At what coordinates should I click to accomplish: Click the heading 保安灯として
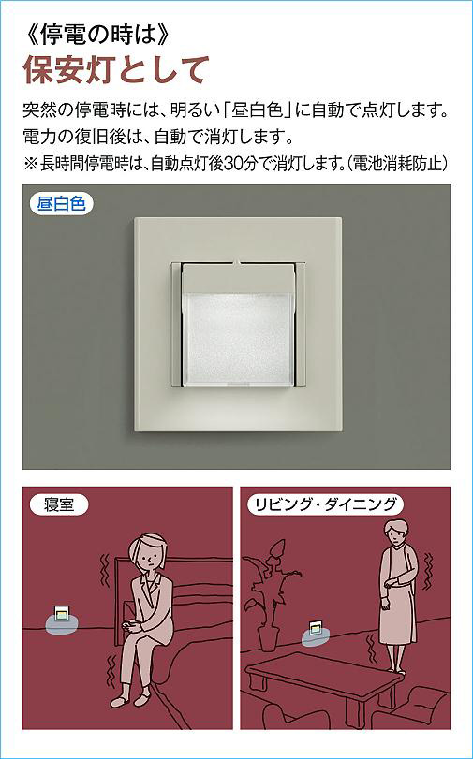116,70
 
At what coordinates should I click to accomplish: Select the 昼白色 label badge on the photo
62,203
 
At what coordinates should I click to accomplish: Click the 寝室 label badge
59,505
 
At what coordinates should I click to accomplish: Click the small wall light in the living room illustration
316,627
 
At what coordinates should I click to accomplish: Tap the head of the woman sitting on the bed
148,553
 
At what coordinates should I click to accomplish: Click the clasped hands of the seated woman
131,625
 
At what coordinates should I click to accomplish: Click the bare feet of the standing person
396,669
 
